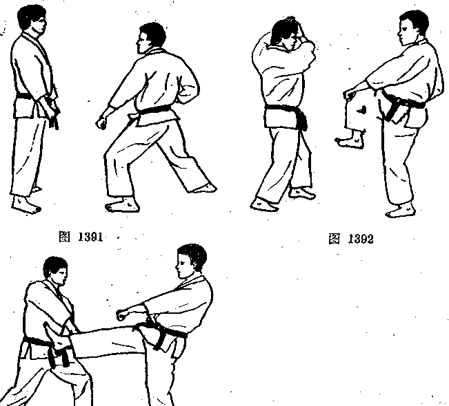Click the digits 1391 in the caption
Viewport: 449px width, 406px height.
(x=90, y=237)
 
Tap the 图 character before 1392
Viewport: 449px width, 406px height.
(x=335, y=239)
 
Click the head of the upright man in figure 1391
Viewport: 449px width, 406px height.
(x=32, y=19)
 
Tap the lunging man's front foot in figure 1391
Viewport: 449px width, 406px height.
(x=123, y=206)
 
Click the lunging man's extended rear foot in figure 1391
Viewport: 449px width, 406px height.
(x=204, y=188)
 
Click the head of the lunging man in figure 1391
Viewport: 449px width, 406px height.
(x=150, y=38)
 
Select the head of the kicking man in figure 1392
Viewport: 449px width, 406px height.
(x=412, y=28)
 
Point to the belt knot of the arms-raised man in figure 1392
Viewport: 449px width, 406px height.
(x=302, y=120)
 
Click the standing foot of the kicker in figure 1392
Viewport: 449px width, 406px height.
(x=400, y=211)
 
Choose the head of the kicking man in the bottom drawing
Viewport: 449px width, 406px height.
(x=191, y=261)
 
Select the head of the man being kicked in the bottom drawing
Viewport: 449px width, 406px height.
(x=56, y=270)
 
